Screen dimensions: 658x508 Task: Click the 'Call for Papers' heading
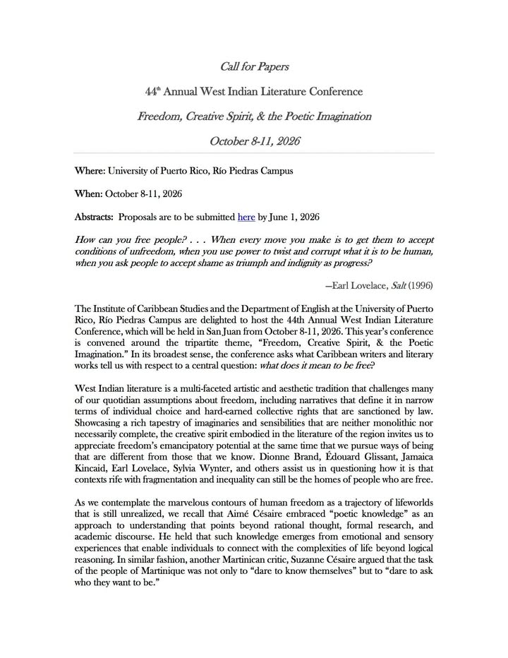(254, 67)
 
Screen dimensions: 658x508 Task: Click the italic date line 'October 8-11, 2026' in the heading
(254, 140)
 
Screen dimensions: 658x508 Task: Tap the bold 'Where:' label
(90, 171)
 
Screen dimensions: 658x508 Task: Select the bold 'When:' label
(88, 193)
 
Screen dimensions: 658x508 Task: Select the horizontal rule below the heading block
(254, 152)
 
